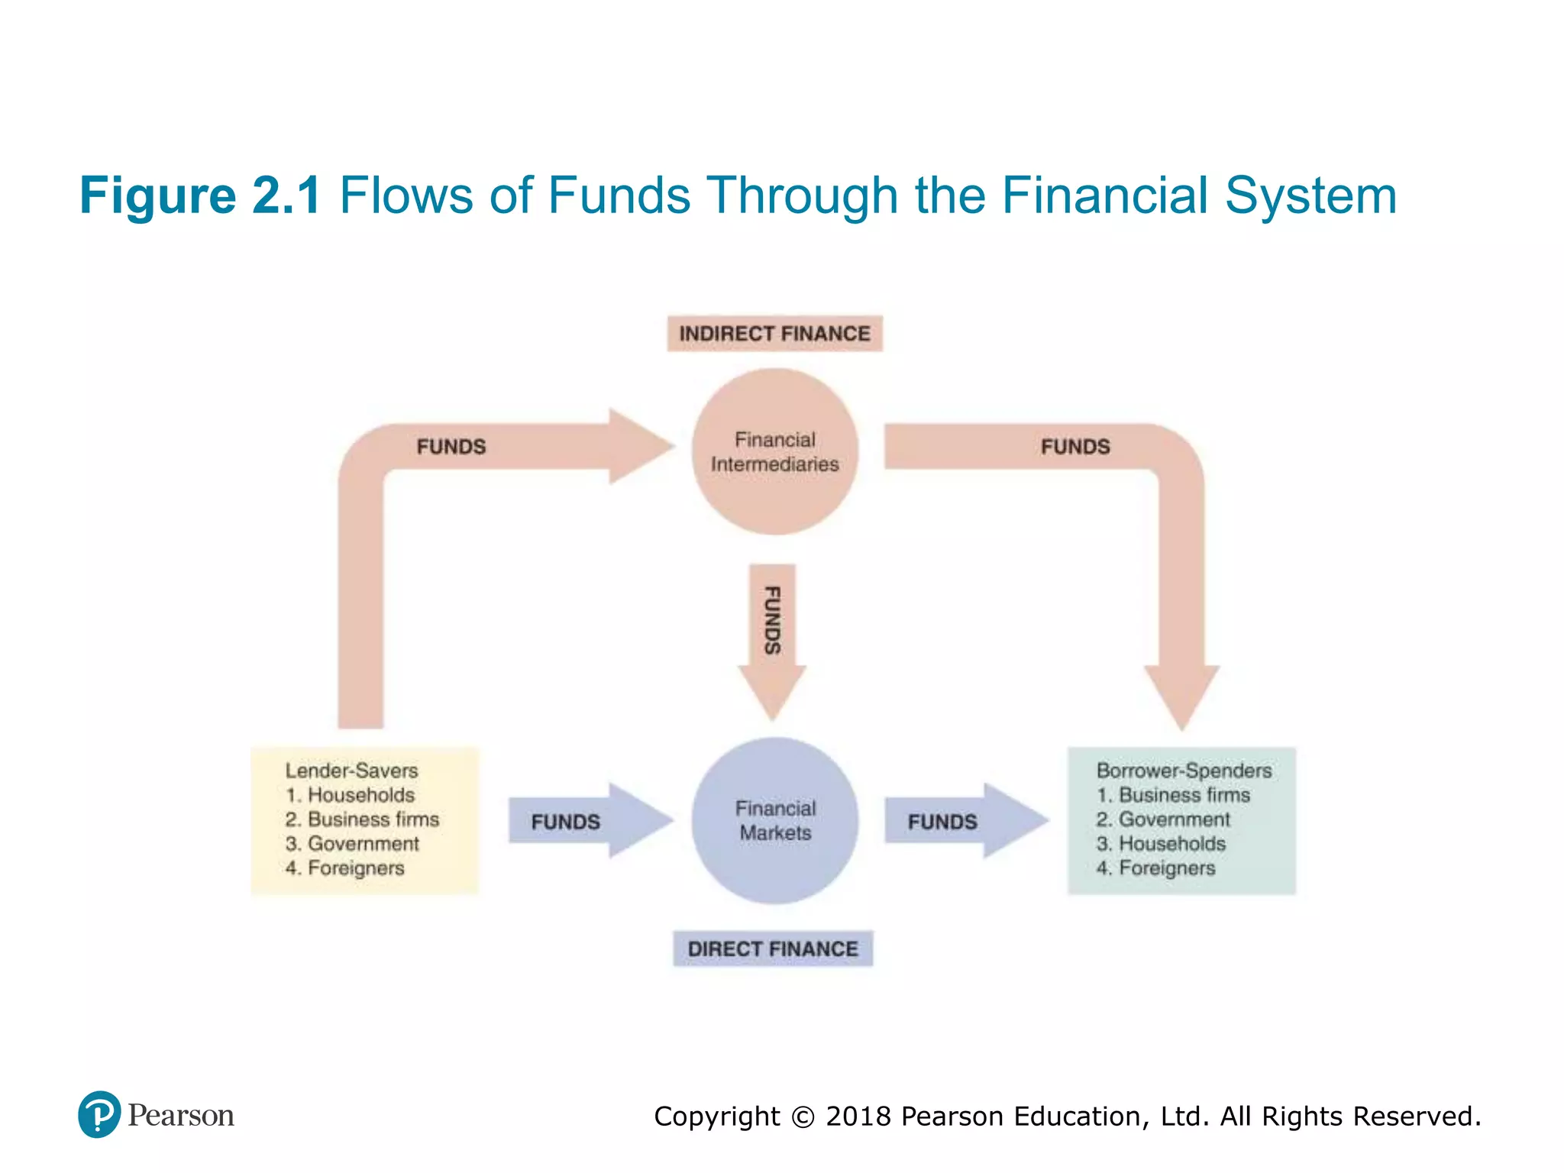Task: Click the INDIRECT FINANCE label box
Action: point(774,334)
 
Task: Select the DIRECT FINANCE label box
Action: point(773,949)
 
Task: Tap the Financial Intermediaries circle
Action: point(775,452)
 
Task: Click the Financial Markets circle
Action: point(775,821)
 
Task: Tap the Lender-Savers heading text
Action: point(352,771)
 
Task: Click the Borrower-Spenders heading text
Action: point(1184,771)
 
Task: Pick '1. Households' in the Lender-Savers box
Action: point(351,795)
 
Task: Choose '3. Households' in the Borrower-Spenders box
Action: point(1161,844)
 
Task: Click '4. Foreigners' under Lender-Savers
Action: point(345,868)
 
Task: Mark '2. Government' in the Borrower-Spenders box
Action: point(1163,819)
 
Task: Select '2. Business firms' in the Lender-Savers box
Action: point(363,819)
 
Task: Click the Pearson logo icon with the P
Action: point(99,1114)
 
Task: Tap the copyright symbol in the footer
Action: point(803,1117)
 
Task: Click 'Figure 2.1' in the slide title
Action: point(200,195)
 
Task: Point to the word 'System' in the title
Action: point(1310,195)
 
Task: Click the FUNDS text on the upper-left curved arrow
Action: point(451,447)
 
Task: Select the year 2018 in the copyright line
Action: point(859,1116)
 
